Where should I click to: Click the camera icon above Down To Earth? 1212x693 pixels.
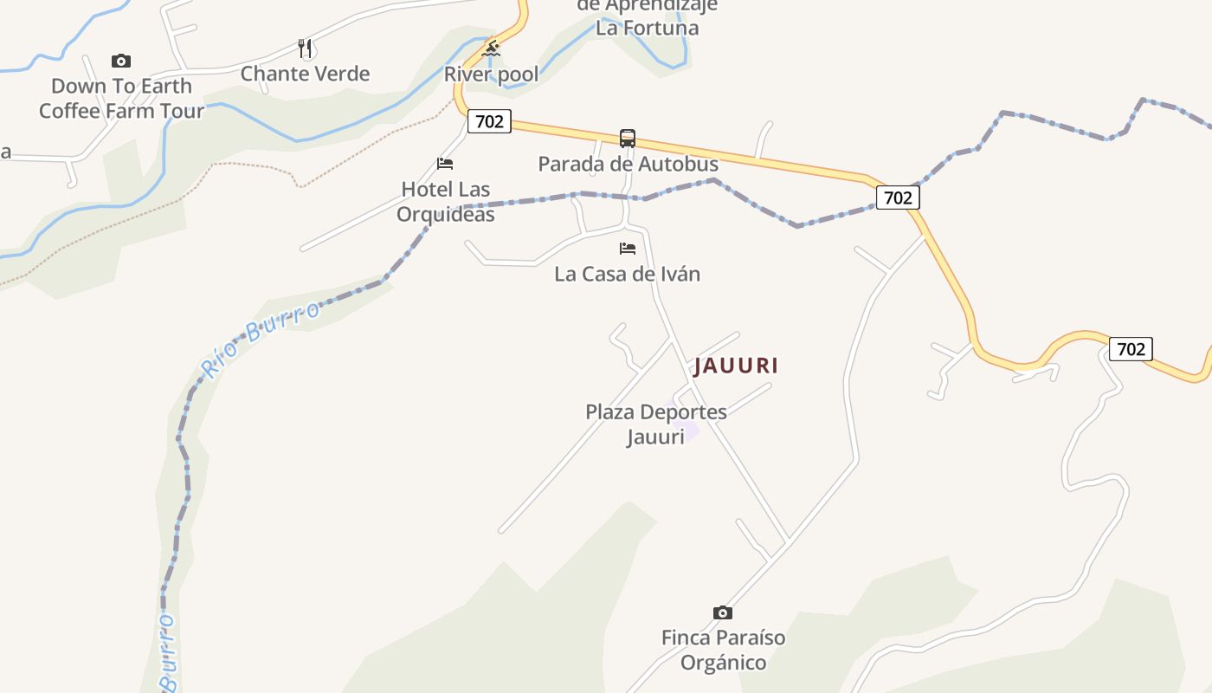tap(121, 61)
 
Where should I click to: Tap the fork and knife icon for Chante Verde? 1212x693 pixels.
tap(305, 49)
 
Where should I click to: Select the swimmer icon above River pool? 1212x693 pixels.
tap(491, 48)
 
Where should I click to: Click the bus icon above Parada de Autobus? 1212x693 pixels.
tap(628, 139)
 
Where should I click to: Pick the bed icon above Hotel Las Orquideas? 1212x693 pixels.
tap(445, 163)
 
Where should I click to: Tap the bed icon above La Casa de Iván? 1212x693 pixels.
tap(628, 249)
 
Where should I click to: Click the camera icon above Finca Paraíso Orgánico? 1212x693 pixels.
tap(723, 612)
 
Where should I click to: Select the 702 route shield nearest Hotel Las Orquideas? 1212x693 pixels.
tap(490, 121)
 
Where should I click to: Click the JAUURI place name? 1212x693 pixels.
tap(736, 366)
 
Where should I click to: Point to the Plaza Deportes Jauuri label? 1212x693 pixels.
tap(655, 424)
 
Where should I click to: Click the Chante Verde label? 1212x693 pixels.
tap(305, 74)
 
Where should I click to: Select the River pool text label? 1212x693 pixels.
tap(491, 74)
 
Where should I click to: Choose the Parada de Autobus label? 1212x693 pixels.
tap(628, 164)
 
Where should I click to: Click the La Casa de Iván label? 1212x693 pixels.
tap(627, 275)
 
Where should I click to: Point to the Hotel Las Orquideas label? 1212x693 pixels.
tap(445, 201)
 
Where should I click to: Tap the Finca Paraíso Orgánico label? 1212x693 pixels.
tap(723, 650)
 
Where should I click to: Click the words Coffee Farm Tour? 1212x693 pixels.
tap(121, 111)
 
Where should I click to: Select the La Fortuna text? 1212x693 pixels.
tap(647, 28)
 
